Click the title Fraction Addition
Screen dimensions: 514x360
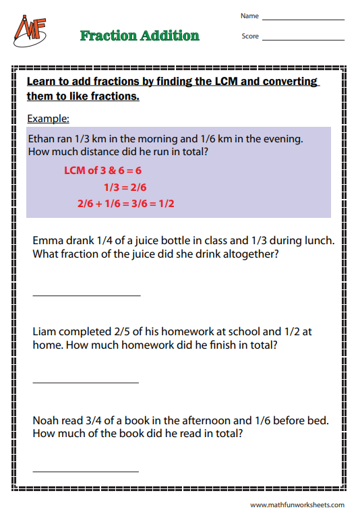pyautogui.click(x=140, y=36)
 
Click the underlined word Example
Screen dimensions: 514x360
pyautogui.click(x=48, y=119)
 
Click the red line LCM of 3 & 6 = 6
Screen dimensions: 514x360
pyautogui.click(x=102, y=171)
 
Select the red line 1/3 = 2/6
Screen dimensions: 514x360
pyautogui.click(x=125, y=187)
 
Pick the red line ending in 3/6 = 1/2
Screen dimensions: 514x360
pyautogui.click(x=125, y=203)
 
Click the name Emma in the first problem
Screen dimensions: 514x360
pyautogui.click(x=47, y=240)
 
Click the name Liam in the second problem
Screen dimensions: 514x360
pyautogui.click(x=44, y=331)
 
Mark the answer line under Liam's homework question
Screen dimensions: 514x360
pyautogui.click(x=86, y=382)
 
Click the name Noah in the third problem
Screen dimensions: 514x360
pyautogui.click(x=47, y=420)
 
